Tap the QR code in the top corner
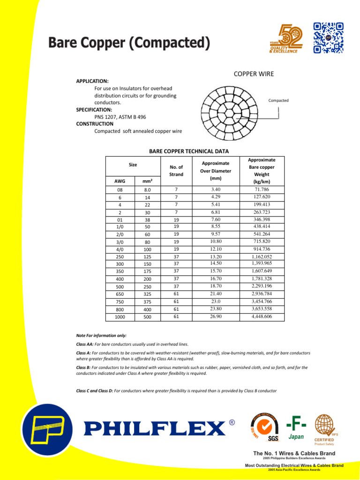[x=328, y=37]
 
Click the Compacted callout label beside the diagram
[x=278, y=100]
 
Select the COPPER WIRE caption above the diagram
[x=254, y=74]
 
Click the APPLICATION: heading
[x=92, y=81]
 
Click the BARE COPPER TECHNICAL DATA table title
[x=189, y=151]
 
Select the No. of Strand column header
[x=176, y=171]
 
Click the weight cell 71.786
[x=261, y=189]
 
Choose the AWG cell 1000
[x=120, y=317]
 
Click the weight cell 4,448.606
[x=261, y=317]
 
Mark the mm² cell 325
[x=147, y=294]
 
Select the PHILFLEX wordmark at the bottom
[x=154, y=428]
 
